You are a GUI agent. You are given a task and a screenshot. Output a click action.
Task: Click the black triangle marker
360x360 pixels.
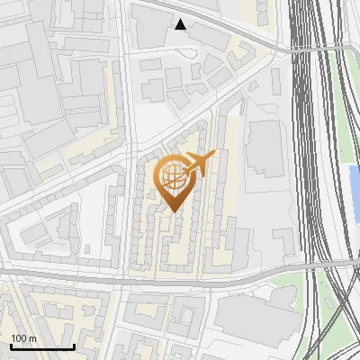click(181, 24)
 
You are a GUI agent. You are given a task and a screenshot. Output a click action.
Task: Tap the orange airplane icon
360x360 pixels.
click(195, 165)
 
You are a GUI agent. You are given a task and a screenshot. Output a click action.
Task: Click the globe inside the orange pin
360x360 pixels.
click(172, 177)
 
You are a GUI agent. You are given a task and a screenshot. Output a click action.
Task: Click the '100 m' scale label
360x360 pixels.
click(23, 338)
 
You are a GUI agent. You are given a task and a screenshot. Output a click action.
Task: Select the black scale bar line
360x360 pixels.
click(41, 346)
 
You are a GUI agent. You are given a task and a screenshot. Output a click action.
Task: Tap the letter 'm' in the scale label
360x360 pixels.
click(32, 338)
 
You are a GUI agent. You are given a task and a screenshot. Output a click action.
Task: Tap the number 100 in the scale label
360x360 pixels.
click(19, 338)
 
